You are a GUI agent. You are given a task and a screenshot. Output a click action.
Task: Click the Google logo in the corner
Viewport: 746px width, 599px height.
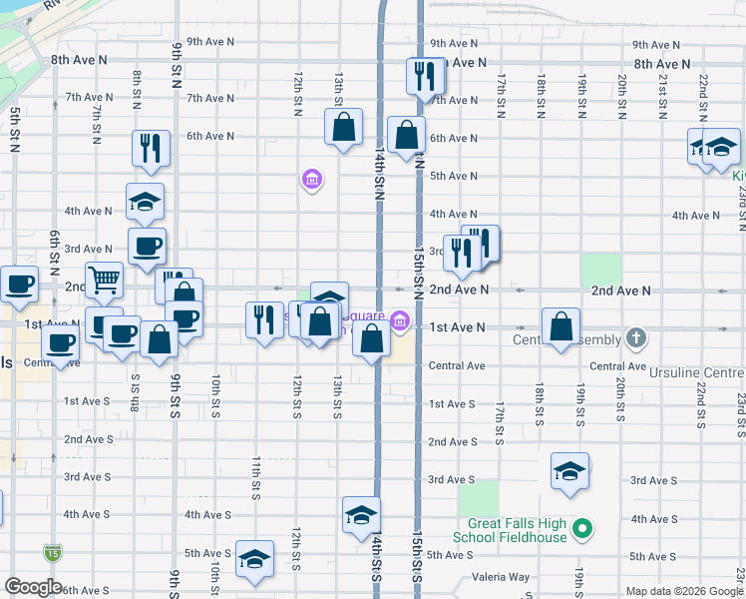tap(33, 587)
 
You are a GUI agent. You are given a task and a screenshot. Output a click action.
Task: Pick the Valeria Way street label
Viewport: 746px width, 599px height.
tap(502, 577)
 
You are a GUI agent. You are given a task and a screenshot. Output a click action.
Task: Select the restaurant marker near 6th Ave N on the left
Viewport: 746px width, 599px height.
tap(152, 148)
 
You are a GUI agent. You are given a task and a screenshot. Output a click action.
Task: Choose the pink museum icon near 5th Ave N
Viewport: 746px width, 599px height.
tap(312, 180)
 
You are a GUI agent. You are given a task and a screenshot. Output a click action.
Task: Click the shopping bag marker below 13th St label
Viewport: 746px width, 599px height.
tap(342, 127)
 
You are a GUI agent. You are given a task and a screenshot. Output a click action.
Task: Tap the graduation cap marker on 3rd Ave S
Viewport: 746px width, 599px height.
tap(569, 470)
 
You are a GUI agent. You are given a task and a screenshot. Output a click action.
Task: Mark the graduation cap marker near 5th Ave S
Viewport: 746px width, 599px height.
tap(254, 558)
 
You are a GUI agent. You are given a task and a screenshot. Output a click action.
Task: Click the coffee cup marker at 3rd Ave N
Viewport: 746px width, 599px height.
tap(147, 246)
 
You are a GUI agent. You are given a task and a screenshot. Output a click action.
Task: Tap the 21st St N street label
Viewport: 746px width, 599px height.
tap(662, 97)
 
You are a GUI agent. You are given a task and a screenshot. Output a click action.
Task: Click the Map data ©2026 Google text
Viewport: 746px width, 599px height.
tap(683, 591)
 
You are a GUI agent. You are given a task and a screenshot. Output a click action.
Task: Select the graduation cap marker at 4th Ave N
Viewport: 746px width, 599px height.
tap(145, 202)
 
